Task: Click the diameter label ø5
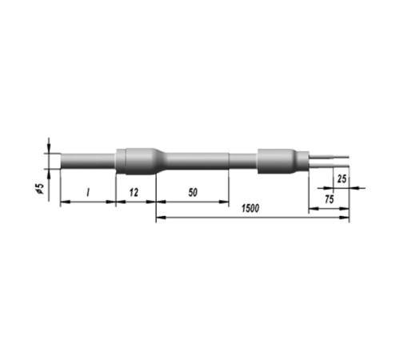(x=40, y=188)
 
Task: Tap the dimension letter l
(x=88, y=192)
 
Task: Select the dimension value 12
(x=134, y=192)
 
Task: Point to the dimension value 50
(x=193, y=192)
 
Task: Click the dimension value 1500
(x=250, y=208)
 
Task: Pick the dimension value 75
(x=329, y=199)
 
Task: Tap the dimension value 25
(x=342, y=178)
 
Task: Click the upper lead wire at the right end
(x=329, y=156)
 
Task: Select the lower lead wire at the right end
(x=329, y=166)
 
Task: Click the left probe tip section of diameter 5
(x=88, y=161)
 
